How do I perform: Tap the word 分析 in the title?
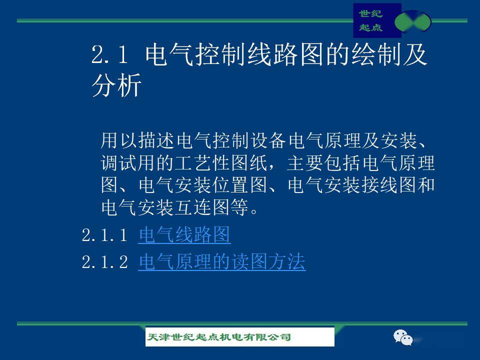pos(116,85)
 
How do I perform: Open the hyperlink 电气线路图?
pos(184,235)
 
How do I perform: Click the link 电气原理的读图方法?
pos(222,261)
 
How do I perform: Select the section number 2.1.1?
pos(104,235)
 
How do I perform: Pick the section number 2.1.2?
pos(104,262)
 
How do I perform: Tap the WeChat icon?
pos(403,337)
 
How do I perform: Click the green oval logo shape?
pos(412,21)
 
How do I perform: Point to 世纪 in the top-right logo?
pos(370,14)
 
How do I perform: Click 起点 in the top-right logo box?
pos(370,27)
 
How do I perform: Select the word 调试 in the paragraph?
pos(119,163)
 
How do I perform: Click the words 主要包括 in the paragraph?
pos(323,163)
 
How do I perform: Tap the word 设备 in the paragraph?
pos(268,140)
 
